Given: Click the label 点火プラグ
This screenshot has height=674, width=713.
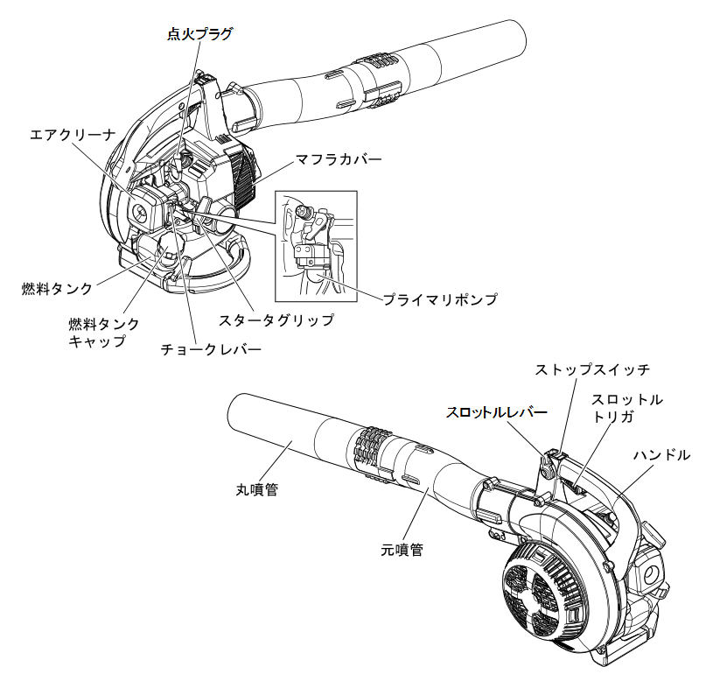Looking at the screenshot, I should click(x=200, y=33).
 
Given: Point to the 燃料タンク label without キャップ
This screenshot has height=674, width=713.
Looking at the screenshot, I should click(x=57, y=287).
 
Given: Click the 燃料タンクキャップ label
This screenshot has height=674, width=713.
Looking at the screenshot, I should click(x=103, y=332).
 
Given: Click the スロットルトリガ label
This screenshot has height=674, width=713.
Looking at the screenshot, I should click(x=626, y=408).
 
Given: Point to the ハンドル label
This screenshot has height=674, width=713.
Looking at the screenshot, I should click(x=661, y=455).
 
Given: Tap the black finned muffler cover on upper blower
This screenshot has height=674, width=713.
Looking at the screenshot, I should click(x=241, y=172).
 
